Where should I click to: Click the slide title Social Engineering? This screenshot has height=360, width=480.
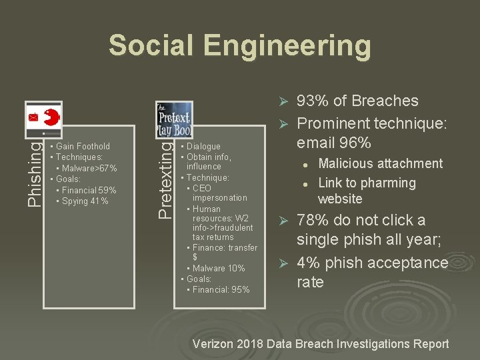click(239, 46)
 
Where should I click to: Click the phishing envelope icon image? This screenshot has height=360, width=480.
click(44, 119)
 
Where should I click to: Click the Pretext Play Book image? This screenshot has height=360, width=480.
click(174, 120)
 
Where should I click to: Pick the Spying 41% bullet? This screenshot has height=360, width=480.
click(85, 201)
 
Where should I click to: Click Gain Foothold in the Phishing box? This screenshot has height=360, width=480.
click(83, 146)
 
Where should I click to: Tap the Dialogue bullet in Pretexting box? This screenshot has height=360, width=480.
click(203, 146)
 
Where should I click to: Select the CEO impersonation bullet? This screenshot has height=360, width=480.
click(219, 193)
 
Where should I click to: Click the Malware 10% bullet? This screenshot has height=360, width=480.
click(219, 268)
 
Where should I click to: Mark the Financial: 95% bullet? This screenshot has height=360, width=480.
click(221, 289)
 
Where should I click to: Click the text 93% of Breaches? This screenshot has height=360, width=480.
click(357, 101)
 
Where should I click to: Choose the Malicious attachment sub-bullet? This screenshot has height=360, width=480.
click(380, 163)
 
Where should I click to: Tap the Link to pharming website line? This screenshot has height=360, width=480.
click(367, 191)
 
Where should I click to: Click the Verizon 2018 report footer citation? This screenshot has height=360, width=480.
click(320, 344)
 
